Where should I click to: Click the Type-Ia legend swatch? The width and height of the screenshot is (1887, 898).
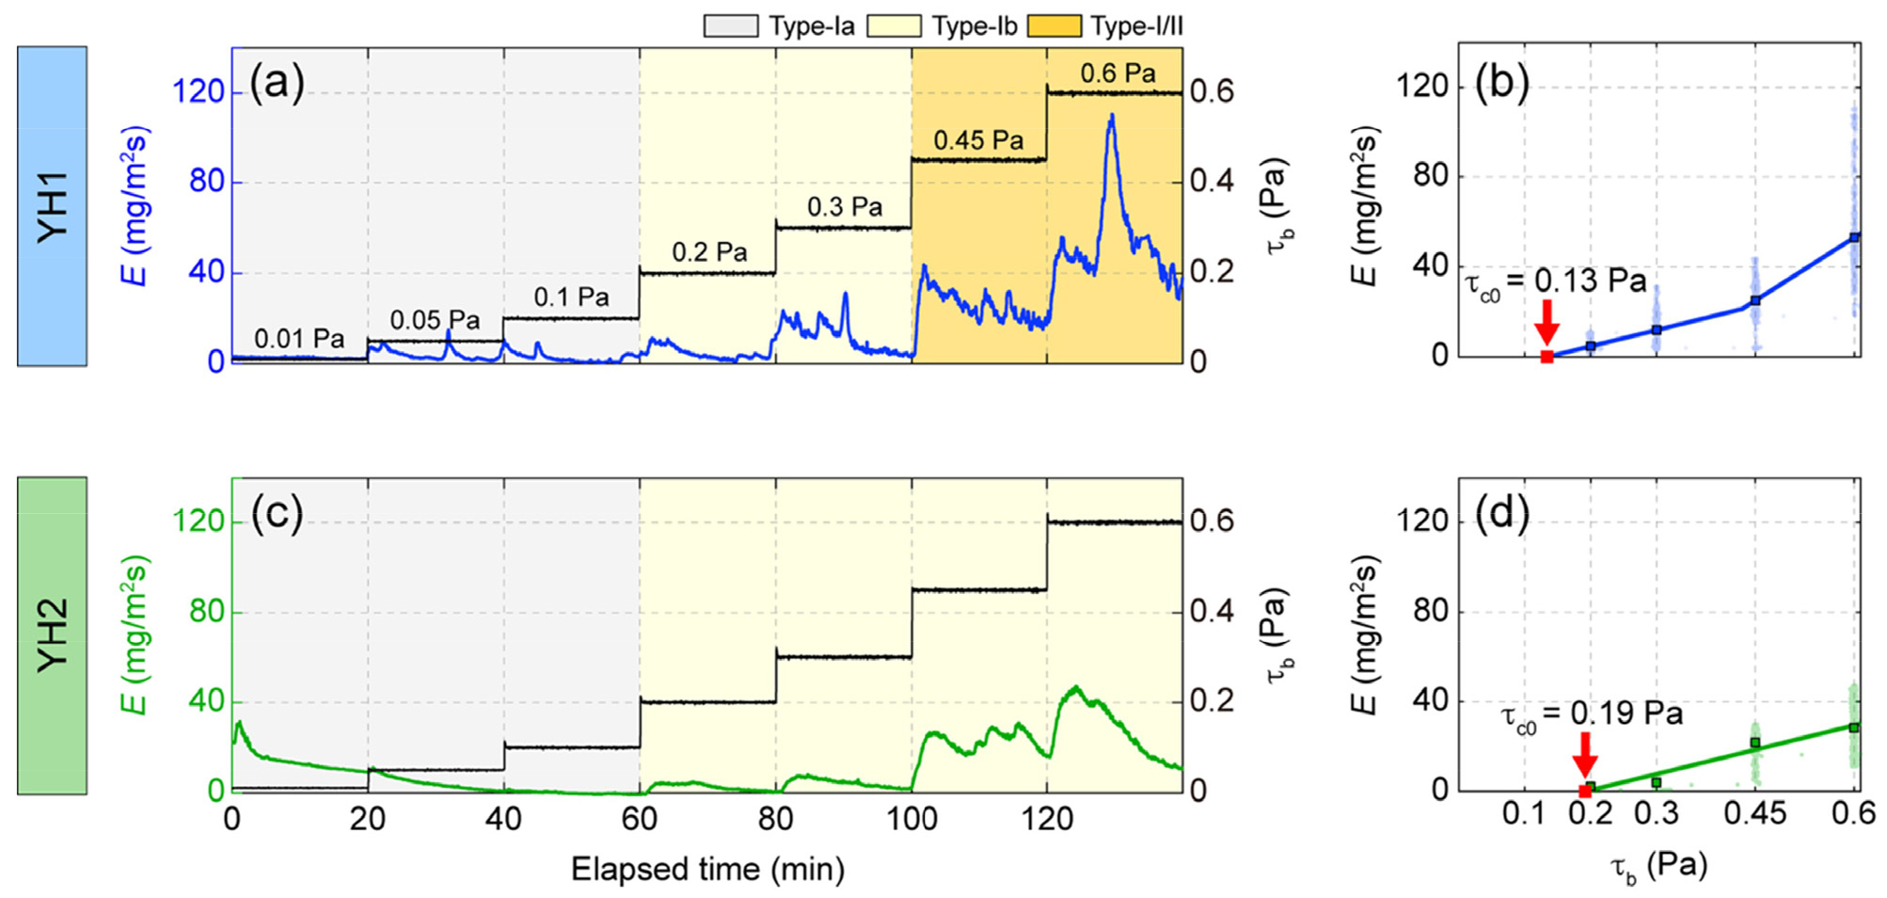[730, 25]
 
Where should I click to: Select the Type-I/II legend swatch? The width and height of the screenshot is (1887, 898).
[1054, 25]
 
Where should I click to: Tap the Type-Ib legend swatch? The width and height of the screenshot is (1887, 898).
[893, 25]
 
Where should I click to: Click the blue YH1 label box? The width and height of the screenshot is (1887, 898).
[53, 206]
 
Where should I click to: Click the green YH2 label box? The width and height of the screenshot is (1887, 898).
[53, 635]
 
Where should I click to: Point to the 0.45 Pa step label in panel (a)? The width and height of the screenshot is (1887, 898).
[978, 141]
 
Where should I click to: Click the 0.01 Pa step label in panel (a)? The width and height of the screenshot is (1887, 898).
[299, 339]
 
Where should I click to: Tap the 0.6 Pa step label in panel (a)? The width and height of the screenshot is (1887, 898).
[1118, 73]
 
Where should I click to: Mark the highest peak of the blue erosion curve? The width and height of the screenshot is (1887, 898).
[1112, 116]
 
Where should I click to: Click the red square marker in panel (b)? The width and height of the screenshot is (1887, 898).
[1546, 357]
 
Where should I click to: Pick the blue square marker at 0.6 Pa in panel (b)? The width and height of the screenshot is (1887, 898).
[1854, 238]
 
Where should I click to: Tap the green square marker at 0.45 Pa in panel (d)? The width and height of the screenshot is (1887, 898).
[1754, 743]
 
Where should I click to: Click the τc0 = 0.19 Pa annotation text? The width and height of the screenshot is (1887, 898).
[1591, 715]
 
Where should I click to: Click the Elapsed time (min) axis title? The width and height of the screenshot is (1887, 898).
[707, 869]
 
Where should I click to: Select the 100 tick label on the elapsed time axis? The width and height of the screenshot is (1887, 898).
[912, 820]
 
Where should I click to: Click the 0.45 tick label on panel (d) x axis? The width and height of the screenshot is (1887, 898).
[1754, 813]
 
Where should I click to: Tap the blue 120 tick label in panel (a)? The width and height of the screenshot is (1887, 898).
[198, 92]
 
